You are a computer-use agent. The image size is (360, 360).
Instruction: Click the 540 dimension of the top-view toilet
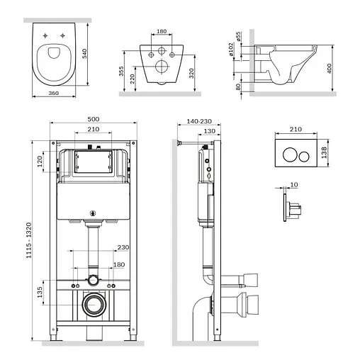coord(84,53)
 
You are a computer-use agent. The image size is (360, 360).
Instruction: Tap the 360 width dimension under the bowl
coord(54,93)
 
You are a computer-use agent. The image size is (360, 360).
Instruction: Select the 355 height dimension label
coord(121,71)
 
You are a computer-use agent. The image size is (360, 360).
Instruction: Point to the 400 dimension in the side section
coord(330,68)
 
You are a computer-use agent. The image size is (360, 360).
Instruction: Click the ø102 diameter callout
coord(231,49)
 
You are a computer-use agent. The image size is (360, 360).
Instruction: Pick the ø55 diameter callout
coord(238,37)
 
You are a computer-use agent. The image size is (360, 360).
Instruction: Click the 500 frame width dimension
coord(94,119)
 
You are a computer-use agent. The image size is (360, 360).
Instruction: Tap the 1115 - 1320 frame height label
coord(28,240)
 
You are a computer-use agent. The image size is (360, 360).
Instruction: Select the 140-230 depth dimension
coord(199,121)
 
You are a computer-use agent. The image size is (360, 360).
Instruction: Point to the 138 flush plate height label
coord(324,152)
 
